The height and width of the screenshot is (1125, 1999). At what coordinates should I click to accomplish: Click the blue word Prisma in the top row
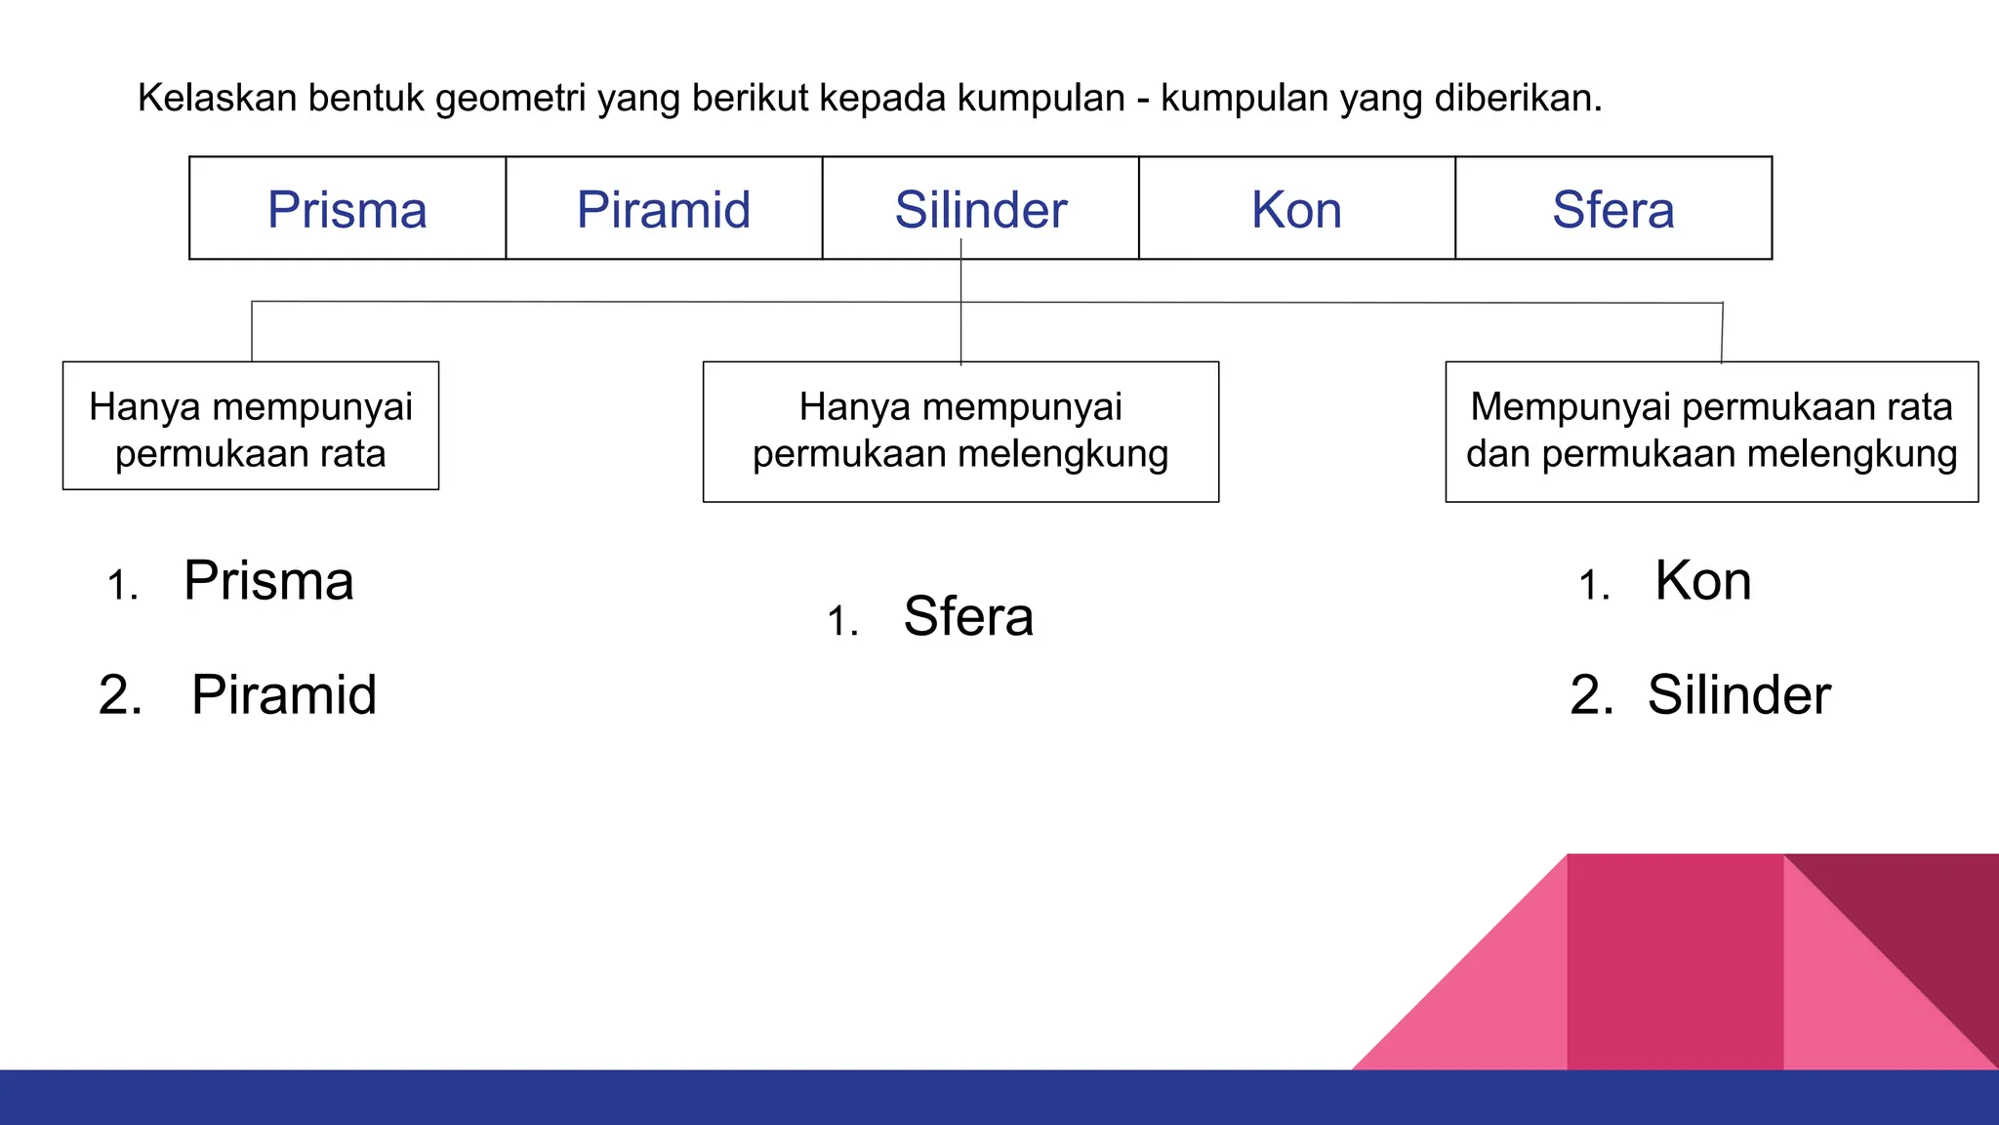347,210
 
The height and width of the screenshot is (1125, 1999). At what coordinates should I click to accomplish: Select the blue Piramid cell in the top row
664,210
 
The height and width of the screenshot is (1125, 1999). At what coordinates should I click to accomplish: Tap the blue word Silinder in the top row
980,210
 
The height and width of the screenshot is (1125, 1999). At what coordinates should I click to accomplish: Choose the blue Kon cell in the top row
1296,210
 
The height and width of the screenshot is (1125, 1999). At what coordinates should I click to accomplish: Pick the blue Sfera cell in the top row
1613,210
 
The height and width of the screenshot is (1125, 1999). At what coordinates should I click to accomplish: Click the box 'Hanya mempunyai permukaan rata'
251,426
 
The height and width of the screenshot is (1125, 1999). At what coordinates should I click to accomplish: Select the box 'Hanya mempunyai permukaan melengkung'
960,432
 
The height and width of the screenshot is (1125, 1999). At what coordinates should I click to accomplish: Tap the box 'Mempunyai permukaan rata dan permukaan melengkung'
1711,432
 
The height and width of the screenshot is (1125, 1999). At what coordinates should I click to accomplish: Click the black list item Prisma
268,581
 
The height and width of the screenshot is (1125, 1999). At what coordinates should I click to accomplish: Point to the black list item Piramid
284,695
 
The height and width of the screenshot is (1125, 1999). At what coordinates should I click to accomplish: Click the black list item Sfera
968,616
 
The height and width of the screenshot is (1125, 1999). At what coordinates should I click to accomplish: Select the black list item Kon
1703,581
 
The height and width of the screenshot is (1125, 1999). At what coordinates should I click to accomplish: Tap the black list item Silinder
1738,695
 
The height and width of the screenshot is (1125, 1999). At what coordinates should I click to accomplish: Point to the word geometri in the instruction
510,100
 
